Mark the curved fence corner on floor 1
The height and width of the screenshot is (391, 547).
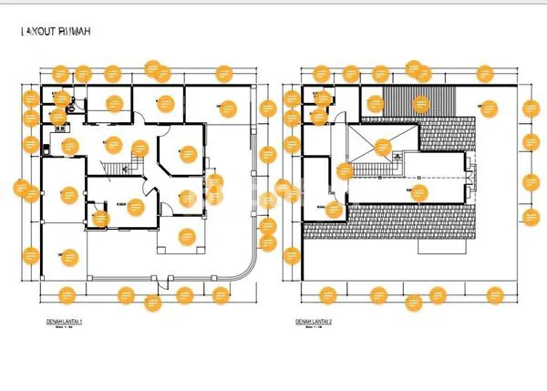(x=244, y=272)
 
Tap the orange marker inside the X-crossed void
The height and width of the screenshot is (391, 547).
(x=384, y=145)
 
